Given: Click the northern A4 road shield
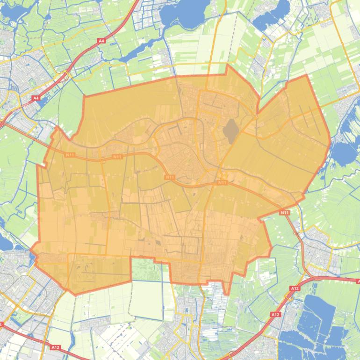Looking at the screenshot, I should click(x=101, y=41).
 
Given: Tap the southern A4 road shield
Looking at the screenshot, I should click(x=36, y=98).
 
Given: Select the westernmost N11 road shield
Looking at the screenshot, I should click(x=70, y=155).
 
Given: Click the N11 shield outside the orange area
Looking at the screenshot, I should click(x=285, y=213).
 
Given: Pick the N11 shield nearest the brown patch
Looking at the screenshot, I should click(x=222, y=183).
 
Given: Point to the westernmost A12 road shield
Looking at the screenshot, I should click(x=56, y=347).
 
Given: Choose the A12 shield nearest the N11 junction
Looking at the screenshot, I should click(x=295, y=288).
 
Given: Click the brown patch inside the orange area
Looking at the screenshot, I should click(x=230, y=131).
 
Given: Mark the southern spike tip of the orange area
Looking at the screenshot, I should click(x=227, y=294).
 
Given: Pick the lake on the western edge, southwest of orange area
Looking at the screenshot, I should click(x=5, y=243).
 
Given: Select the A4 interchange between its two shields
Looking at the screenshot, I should click(x=65, y=75).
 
